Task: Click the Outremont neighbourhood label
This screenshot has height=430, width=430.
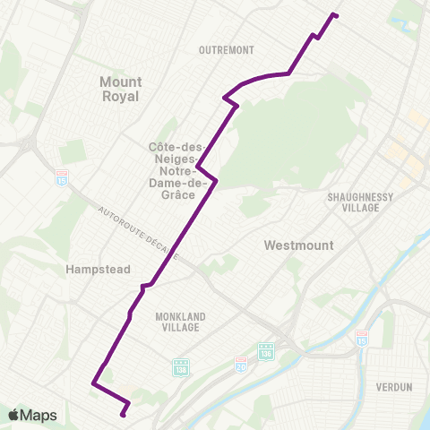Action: click(x=227, y=50)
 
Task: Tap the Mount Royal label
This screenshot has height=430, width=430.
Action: click(x=120, y=89)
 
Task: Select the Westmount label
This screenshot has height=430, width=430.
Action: click(x=299, y=245)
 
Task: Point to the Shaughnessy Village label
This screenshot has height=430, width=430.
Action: click(x=354, y=201)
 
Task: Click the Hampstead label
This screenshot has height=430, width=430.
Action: click(x=99, y=269)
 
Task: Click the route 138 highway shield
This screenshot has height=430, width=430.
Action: click(x=180, y=367)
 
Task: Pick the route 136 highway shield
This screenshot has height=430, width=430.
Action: click(x=266, y=350)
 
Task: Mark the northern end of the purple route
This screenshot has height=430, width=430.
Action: click(x=336, y=14)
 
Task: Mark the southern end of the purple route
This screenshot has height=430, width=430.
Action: click(x=124, y=415)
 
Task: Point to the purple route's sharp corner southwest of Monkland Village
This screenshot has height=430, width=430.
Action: click(x=93, y=384)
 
